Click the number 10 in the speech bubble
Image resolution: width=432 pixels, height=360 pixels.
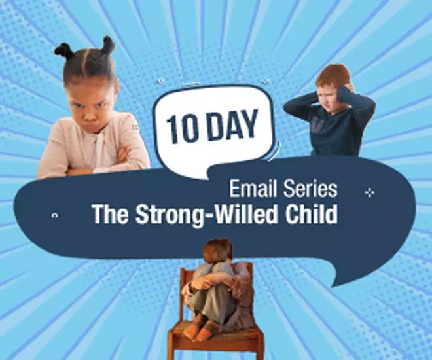pos(182,130)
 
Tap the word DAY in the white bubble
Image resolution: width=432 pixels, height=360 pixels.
pos(232,124)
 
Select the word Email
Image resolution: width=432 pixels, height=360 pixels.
pos(249,189)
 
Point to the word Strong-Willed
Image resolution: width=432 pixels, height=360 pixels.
pos(206,215)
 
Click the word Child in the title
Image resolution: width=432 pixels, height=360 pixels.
pos(311,214)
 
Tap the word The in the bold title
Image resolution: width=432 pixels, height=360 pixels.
pos(110,214)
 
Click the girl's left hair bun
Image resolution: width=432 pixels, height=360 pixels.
pos(63,50)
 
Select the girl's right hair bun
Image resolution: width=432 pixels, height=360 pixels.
pos(109,45)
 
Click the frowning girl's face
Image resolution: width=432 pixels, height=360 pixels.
pos(92,105)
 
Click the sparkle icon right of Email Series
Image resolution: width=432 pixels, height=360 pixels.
pos(369,193)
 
